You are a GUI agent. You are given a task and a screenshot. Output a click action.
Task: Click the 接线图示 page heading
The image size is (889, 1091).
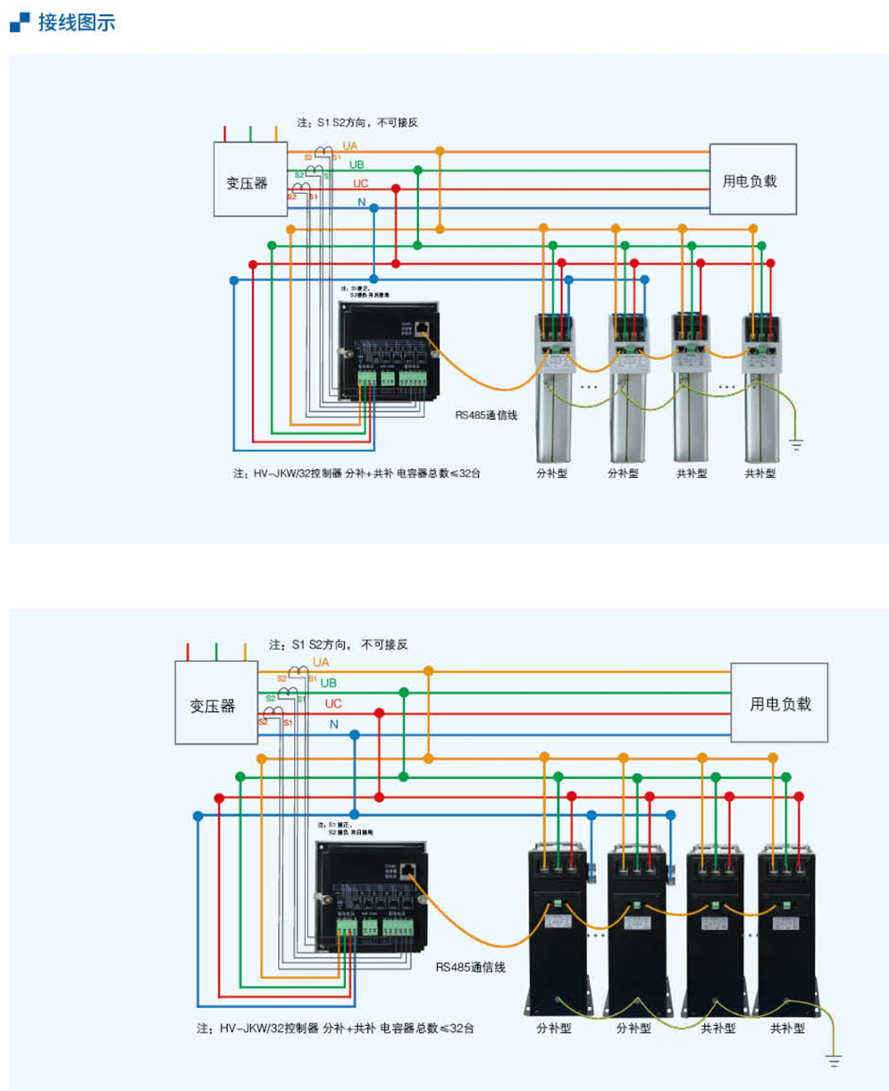coord(77,23)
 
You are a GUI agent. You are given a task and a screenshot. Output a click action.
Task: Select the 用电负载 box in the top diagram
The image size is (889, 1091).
coord(752,180)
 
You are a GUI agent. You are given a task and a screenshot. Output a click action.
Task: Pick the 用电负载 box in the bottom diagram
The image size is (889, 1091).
coord(779,702)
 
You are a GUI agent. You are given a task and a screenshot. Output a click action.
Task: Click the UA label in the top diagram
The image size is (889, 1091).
coord(350,146)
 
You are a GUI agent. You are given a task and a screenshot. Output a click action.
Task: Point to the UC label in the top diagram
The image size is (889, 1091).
coord(360,183)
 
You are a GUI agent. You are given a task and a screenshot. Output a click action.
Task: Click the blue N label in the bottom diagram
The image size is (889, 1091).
coord(333,724)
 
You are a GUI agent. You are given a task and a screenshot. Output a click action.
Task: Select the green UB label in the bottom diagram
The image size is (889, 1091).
coord(329,683)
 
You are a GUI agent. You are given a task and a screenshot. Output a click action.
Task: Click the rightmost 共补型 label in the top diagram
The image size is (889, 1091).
coord(760,473)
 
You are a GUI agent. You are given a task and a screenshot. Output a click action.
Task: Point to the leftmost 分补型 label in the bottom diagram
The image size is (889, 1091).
coord(554,1028)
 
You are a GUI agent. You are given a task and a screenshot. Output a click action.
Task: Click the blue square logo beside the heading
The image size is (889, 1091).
coord(19,22)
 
